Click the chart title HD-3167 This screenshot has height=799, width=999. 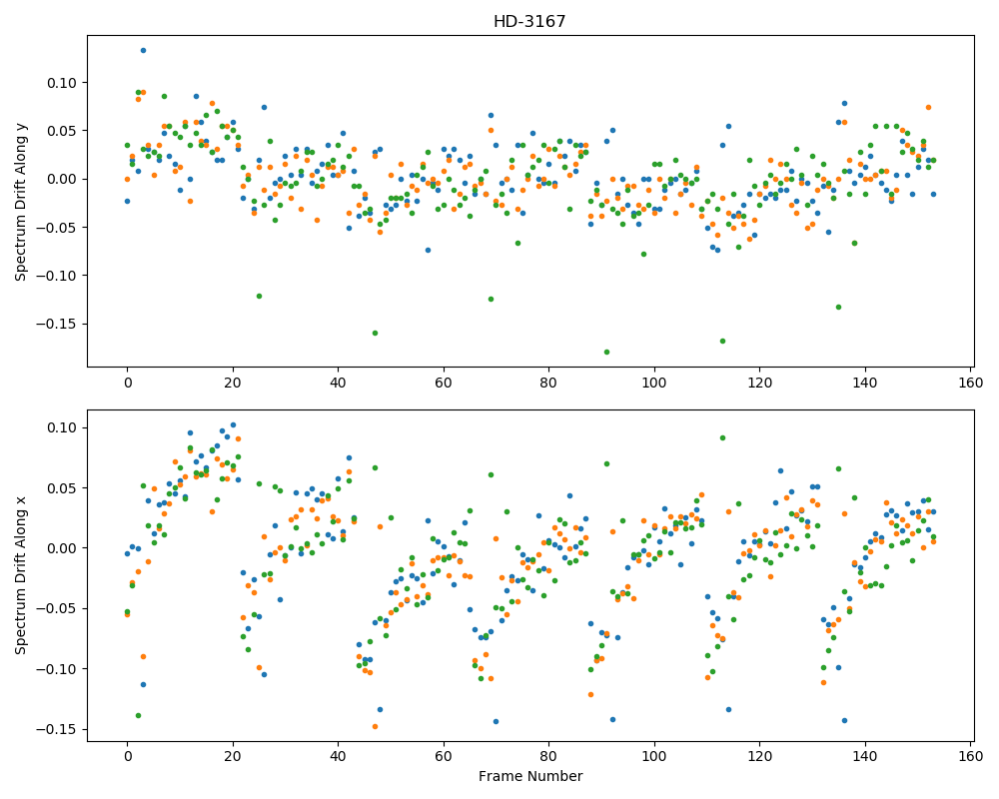click(x=529, y=22)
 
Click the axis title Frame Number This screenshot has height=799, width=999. click(x=530, y=776)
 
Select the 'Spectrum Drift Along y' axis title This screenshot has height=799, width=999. click(x=21, y=202)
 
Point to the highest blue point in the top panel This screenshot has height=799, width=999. click(x=143, y=50)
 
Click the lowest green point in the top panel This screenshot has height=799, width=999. click(x=606, y=352)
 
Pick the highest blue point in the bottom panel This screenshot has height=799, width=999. click(x=233, y=425)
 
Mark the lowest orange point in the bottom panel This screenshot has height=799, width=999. click(x=376, y=726)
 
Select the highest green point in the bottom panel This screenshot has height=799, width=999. click(x=722, y=437)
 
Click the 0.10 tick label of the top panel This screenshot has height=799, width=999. click(x=62, y=83)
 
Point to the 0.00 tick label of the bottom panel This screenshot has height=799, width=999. click(x=62, y=548)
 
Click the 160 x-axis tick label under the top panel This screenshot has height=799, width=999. click(x=970, y=383)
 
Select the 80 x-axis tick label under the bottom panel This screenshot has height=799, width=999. click(x=548, y=756)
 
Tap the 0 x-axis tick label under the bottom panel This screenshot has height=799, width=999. click(x=128, y=756)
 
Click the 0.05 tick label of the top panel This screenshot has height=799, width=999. click(x=62, y=131)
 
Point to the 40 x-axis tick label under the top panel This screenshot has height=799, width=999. click(x=338, y=383)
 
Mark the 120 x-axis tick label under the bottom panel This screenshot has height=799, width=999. click(x=759, y=756)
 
